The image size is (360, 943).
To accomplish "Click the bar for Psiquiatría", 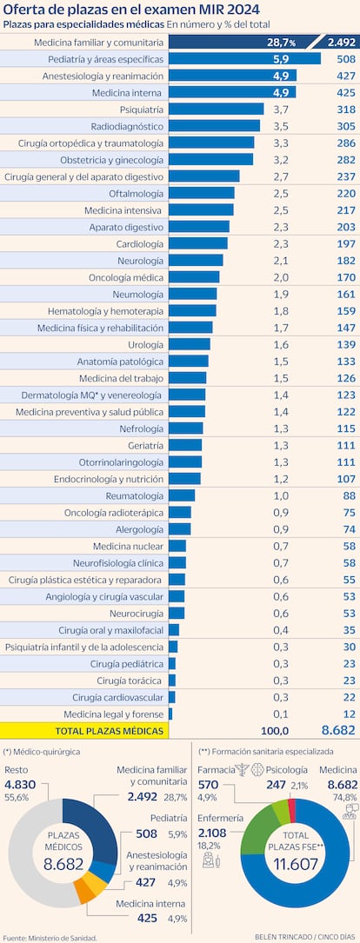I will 216,109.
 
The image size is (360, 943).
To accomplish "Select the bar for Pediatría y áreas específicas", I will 244,59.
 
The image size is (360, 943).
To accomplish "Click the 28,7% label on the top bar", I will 281,43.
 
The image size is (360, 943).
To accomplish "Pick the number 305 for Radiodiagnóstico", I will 345,126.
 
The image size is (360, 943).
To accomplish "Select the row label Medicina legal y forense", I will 108,714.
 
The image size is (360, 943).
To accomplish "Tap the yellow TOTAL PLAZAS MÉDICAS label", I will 109,732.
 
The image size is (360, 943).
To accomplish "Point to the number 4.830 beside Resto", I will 20,784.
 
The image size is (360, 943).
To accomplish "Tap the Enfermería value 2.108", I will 214,833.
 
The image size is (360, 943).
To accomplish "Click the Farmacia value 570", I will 209,784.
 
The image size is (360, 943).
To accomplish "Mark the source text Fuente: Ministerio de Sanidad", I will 49,937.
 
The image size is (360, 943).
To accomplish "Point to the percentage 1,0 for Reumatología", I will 281,495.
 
